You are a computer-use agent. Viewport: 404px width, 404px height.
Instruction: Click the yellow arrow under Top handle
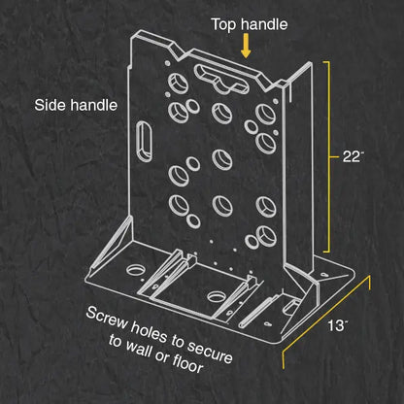246,46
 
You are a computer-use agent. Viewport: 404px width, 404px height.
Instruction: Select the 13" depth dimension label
338,325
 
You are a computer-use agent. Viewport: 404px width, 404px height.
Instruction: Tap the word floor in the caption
187,361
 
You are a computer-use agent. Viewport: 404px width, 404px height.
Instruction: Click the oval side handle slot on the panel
145,141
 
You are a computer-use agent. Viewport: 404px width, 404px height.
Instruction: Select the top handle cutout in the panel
221,79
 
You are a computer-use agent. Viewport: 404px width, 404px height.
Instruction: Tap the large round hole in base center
217,296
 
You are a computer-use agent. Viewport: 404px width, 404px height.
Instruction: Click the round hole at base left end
136,269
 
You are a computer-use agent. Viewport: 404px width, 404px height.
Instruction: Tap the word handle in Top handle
264,24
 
